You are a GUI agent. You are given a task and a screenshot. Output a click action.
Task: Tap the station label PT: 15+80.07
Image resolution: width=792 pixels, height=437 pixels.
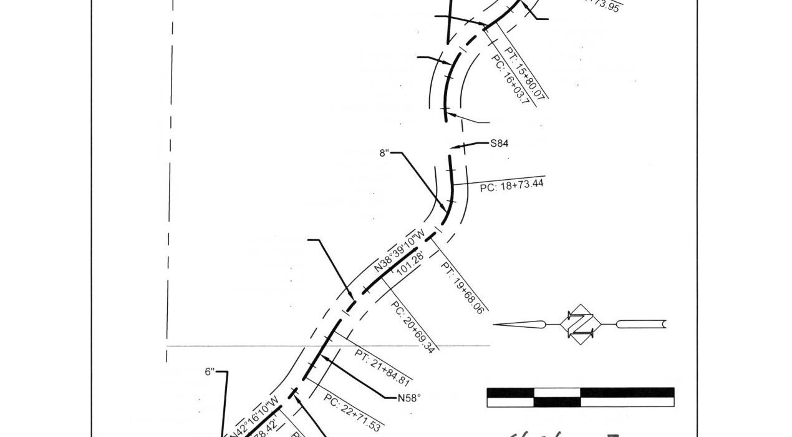click(525, 73)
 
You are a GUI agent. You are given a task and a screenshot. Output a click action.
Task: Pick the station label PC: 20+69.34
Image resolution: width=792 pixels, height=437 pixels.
click(412, 326)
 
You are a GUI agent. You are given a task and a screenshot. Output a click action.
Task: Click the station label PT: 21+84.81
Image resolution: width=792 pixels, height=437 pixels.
click(382, 368)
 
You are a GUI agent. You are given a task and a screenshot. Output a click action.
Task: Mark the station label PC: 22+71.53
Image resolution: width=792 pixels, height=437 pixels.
click(352, 413)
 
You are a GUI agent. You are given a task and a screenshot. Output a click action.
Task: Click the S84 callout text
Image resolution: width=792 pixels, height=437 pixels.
click(499, 144)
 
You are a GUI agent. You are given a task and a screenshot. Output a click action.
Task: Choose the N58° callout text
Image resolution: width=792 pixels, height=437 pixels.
click(409, 398)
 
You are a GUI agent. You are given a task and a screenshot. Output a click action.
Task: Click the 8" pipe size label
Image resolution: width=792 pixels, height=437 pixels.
click(384, 153)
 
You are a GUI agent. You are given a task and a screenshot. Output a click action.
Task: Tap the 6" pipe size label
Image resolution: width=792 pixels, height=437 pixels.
click(210, 372)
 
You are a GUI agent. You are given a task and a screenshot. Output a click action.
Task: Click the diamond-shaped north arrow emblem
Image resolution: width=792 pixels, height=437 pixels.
click(581, 323)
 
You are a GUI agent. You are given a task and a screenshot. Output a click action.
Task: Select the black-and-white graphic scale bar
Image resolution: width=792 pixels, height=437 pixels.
click(580, 397)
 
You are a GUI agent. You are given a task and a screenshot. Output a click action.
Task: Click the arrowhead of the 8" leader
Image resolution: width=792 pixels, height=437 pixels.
click(445, 210)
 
